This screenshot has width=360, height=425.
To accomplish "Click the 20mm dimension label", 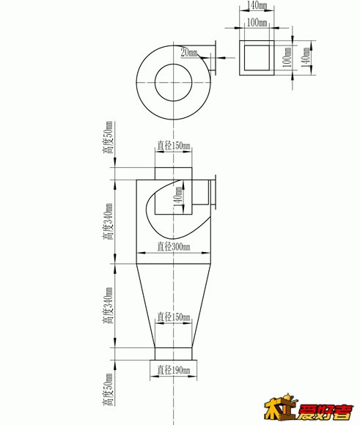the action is (189, 52).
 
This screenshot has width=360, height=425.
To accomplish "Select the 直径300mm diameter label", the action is (174, 247).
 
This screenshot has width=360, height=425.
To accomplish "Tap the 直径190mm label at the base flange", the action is (174, 370).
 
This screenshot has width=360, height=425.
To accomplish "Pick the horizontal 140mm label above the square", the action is (257, 5).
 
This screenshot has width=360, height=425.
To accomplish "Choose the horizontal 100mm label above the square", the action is (257, 22).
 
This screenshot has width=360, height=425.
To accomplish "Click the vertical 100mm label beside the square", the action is (287, 57).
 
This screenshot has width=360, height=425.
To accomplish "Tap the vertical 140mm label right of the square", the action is (306, 57).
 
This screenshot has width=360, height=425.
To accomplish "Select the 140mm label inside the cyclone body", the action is (178, 196).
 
